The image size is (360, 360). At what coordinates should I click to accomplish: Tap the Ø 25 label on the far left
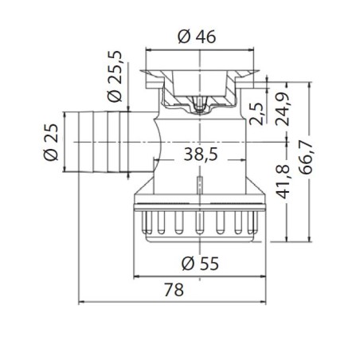(x=50, y=141)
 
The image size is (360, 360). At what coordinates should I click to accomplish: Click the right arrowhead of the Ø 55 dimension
(x=263, y=276)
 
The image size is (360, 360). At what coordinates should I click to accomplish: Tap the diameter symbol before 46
(x=182, y=36)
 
